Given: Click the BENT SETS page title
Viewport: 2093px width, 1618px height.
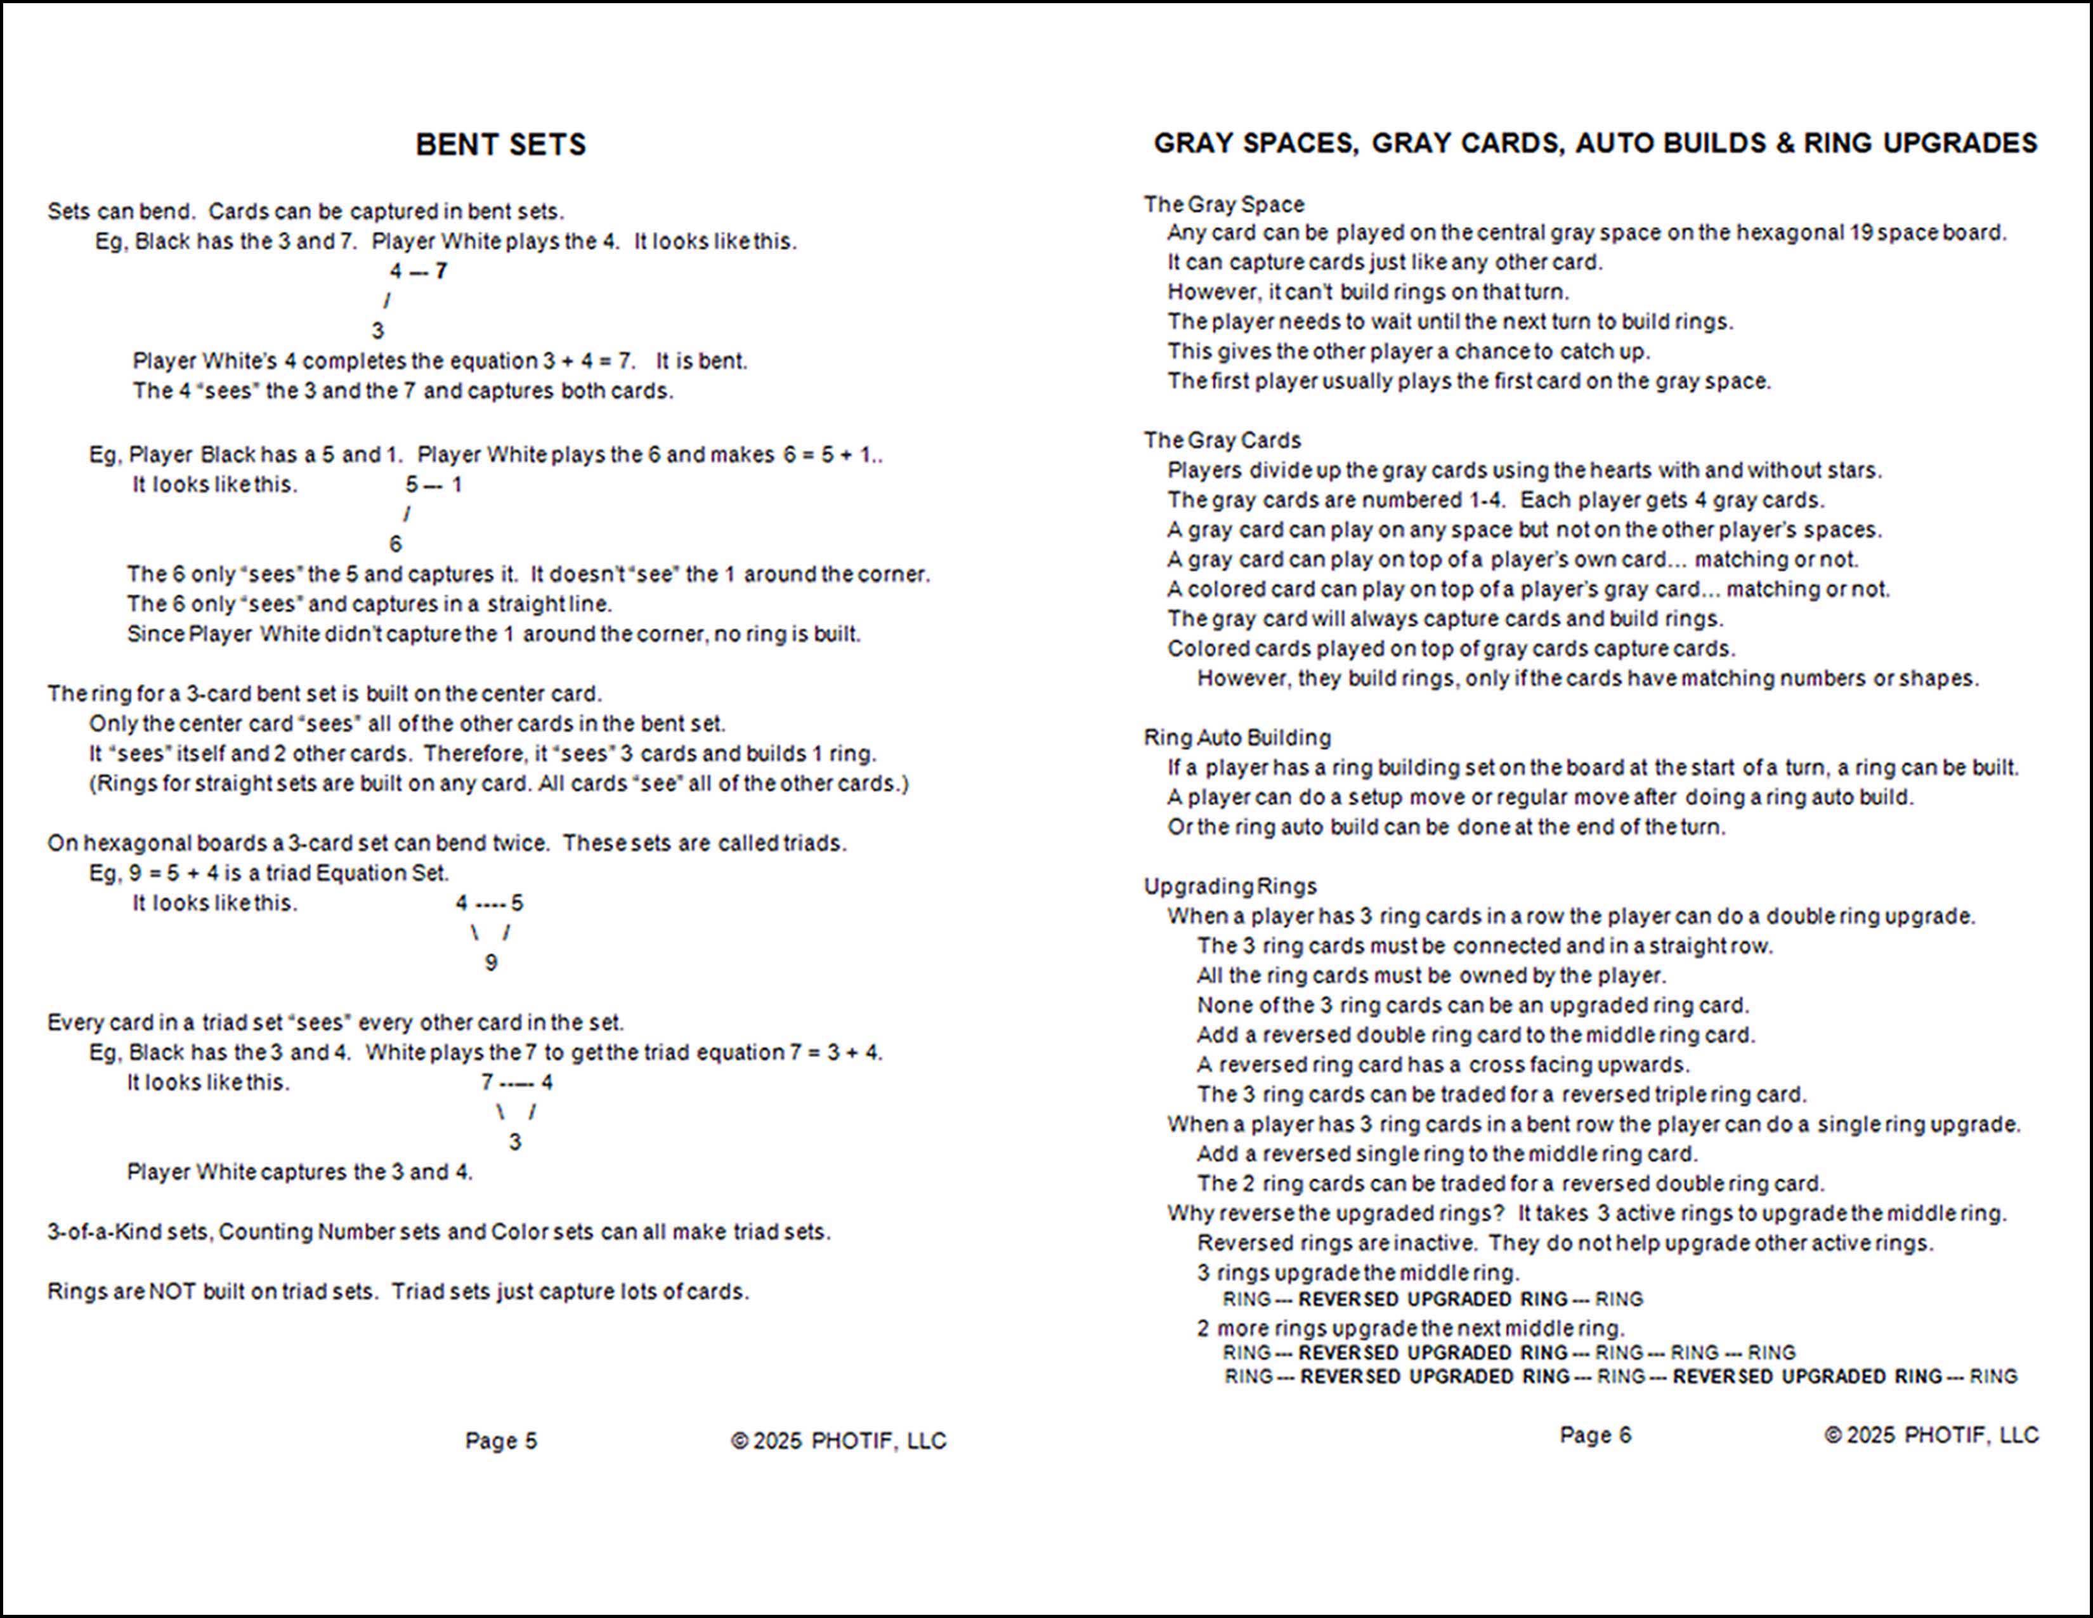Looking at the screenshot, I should point(500,145).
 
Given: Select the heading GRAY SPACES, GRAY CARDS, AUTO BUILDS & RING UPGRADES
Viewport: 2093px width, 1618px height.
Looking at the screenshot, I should point(1594,144).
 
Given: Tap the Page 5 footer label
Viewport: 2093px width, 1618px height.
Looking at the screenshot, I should point(501,1441).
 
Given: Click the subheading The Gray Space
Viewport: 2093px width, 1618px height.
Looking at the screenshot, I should point(1224,204).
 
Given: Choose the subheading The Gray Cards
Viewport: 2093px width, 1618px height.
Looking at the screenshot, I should point(1222,440).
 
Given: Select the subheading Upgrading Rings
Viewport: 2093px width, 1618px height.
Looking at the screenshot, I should point(1230,886).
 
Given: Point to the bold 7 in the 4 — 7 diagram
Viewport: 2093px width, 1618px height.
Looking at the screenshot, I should point(441,272).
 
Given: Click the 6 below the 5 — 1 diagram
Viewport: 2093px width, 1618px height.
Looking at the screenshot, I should point(396,544).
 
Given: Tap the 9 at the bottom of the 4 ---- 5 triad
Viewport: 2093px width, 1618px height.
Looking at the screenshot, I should point(491,963).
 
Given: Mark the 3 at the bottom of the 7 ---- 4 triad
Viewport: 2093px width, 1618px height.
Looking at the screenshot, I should point(514,1141).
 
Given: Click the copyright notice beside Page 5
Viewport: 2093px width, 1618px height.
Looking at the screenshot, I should point(838,1441).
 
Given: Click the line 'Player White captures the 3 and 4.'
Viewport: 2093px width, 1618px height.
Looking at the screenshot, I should point(300,1171).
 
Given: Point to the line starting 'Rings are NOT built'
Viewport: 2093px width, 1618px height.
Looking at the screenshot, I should point(398,1291).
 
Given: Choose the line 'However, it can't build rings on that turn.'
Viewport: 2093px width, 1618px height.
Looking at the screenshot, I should point(1367,291).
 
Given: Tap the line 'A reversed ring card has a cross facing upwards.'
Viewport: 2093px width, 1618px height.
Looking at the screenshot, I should point(1442,1064).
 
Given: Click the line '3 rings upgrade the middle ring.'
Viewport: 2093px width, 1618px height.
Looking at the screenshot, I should point(1358,1272).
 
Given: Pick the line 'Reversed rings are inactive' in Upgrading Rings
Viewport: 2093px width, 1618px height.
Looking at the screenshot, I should point(1564,1242).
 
